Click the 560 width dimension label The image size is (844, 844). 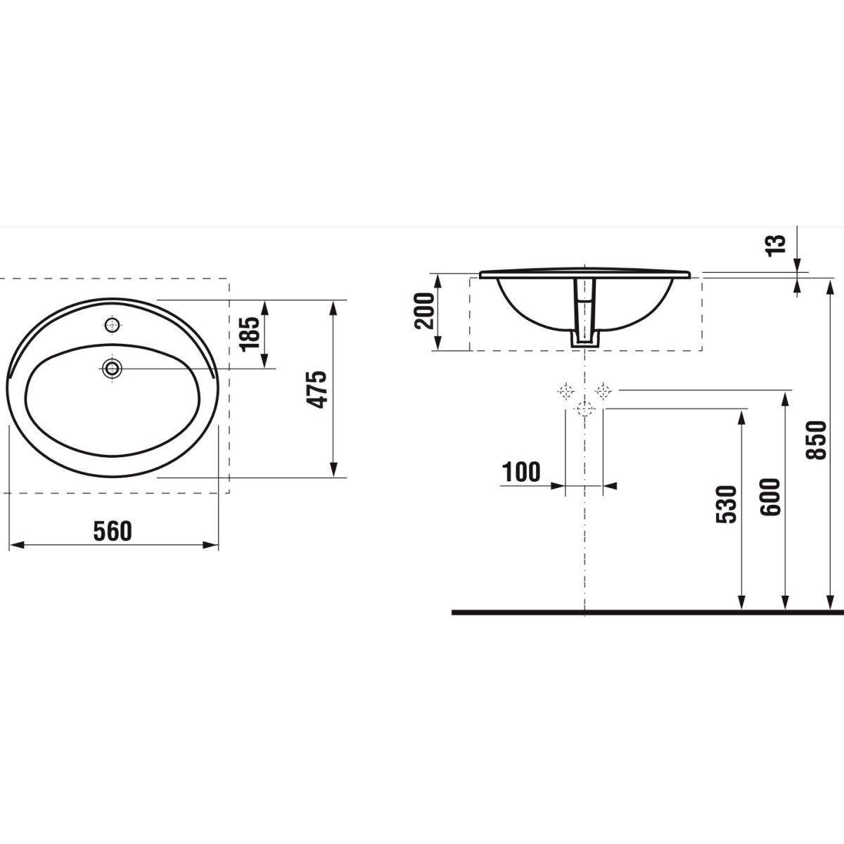(x=113, y=531)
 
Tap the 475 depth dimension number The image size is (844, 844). (x=316, y=390)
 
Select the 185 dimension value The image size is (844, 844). (x=250, y=334)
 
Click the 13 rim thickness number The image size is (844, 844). (x=775, y=245)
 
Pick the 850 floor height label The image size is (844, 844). (x=816, y=440)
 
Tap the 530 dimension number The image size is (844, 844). (x=727, y=504)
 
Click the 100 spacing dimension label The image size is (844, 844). (x=521, y=472)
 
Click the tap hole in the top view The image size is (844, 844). (x=113, y=324)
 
